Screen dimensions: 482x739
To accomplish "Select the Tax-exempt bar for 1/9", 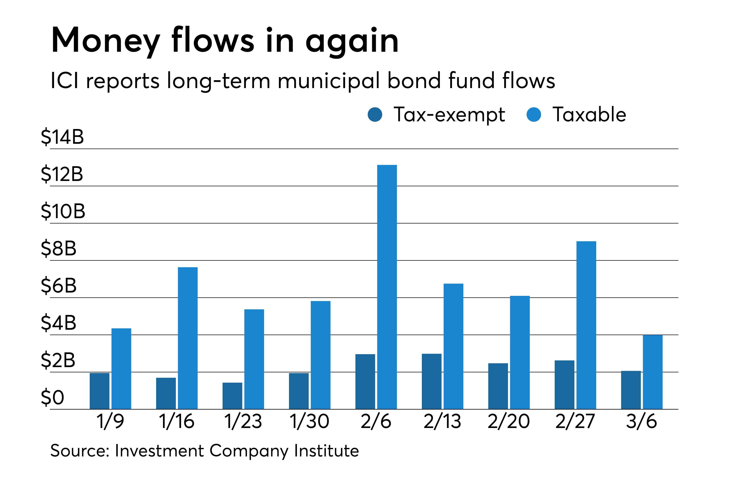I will point(99,391).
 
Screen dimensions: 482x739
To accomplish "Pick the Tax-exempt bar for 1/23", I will point(232,396).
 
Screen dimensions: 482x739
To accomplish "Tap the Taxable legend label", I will point(589,115).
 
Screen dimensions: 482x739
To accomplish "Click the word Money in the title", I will point(106,40).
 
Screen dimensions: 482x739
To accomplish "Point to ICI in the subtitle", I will point(65,81).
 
